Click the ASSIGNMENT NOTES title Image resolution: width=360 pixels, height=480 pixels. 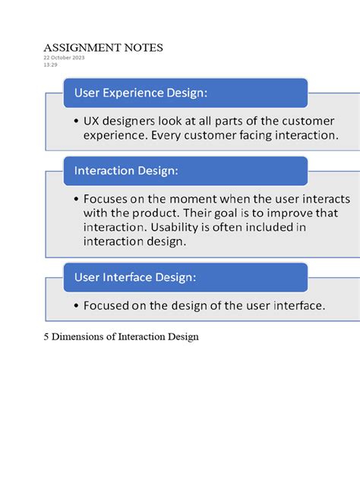click(103, 48)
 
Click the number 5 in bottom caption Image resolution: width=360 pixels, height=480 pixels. click(46, 336)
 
